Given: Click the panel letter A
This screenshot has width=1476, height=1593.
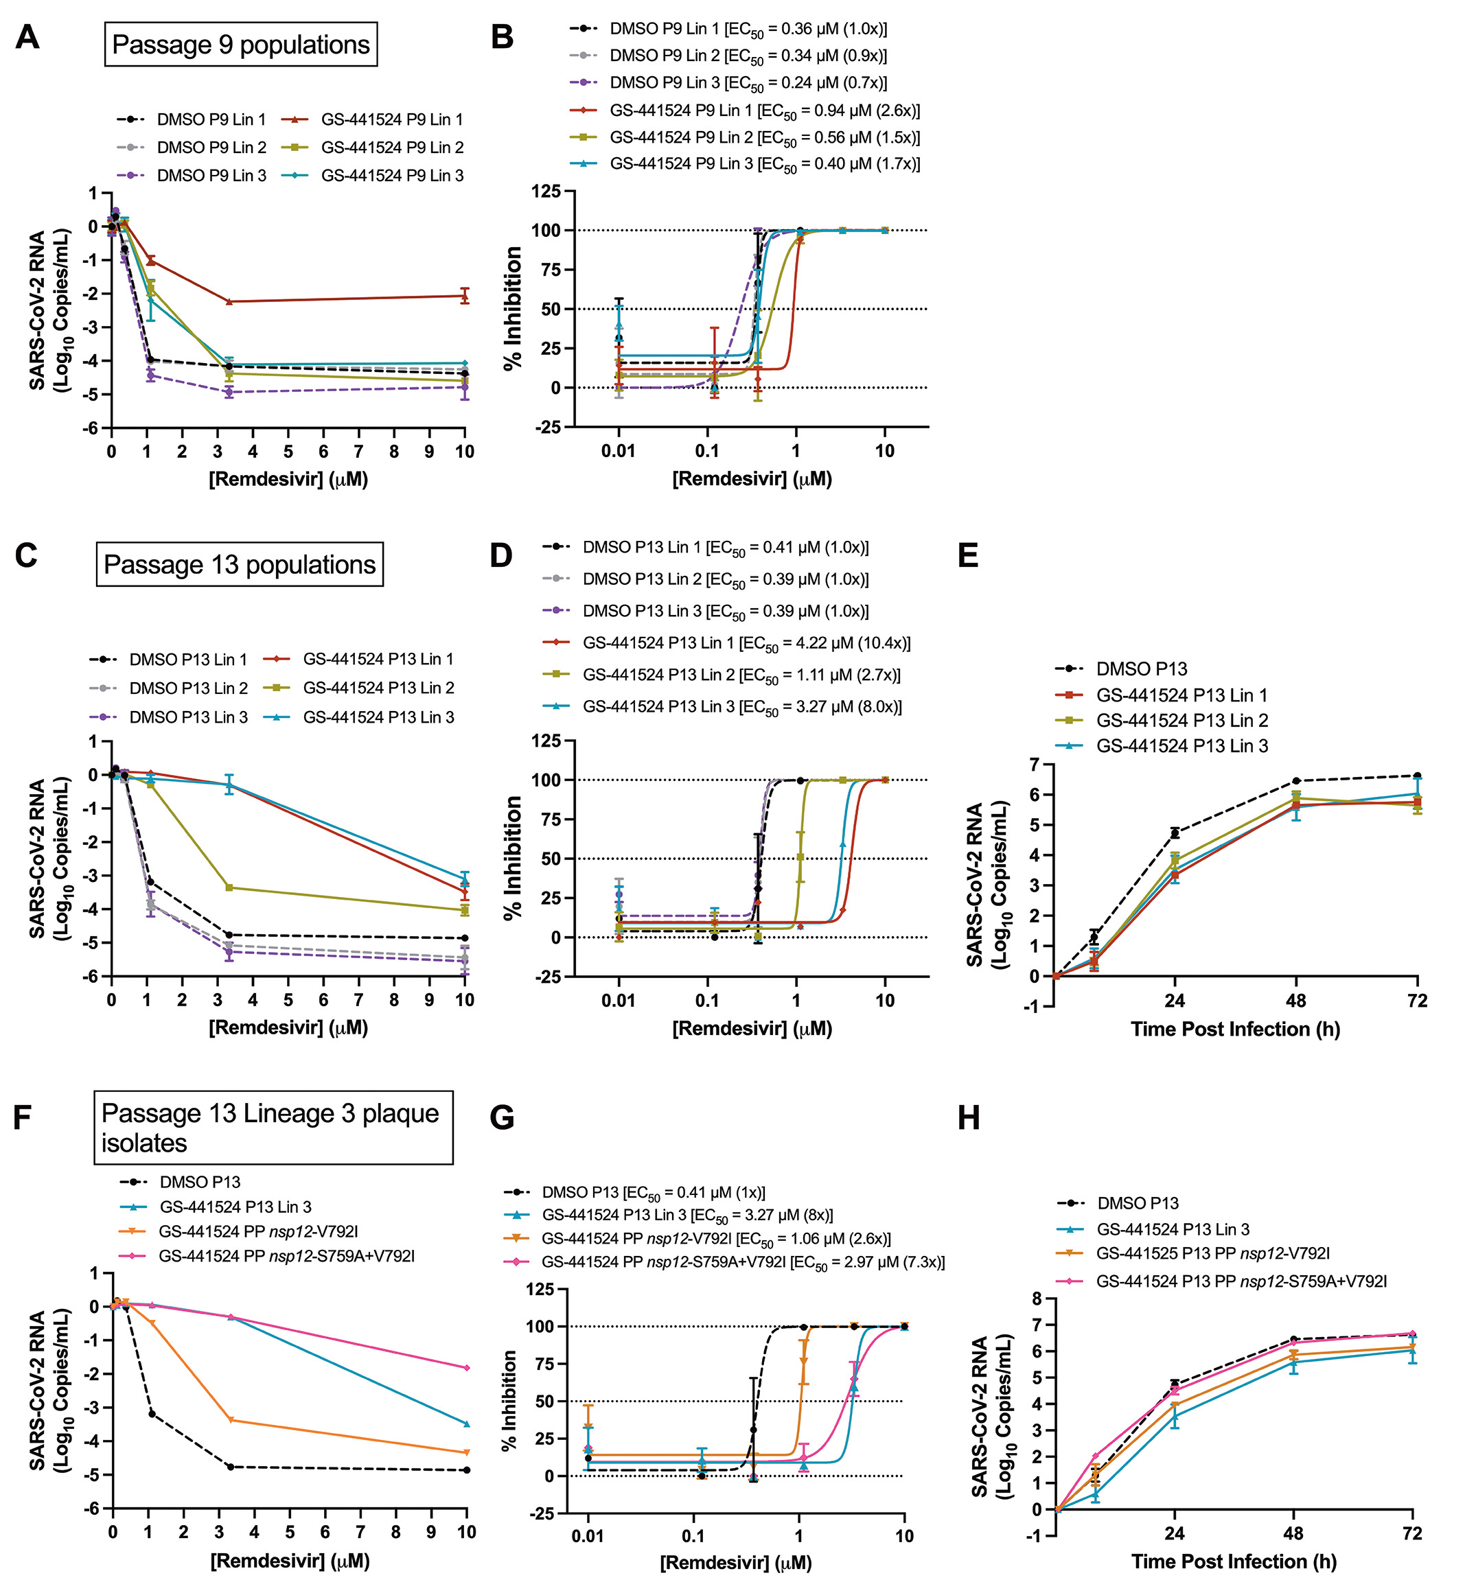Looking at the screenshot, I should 27,37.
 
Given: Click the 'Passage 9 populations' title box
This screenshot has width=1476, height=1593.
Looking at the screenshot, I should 240,45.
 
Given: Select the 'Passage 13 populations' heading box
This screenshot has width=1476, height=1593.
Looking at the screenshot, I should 239,565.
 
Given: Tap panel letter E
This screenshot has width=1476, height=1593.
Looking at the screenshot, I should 968,555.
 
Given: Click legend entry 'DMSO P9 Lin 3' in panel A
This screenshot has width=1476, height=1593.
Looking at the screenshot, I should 211,176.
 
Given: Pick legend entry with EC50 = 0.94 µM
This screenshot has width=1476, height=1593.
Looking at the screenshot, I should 763,111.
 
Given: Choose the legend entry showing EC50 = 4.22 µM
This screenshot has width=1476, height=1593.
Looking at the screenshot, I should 746,643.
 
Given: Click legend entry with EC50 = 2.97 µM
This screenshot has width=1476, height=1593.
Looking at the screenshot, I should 742,1262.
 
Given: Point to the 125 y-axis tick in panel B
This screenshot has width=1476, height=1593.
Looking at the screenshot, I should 546,191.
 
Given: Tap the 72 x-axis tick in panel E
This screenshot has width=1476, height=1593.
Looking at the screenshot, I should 1417,1001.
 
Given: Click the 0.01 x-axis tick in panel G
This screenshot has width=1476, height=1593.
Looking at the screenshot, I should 588,1535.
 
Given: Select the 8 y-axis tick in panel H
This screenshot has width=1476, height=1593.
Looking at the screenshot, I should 1037,1299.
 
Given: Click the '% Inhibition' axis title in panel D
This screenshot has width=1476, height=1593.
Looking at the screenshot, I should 513,858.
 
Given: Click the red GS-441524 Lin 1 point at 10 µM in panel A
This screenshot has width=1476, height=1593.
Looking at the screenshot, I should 465,295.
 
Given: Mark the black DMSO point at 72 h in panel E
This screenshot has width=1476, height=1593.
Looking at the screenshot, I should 1417,776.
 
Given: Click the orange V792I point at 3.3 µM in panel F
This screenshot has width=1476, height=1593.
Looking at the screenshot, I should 231,1420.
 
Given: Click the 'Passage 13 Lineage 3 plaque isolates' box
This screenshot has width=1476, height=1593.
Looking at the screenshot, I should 273,1128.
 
